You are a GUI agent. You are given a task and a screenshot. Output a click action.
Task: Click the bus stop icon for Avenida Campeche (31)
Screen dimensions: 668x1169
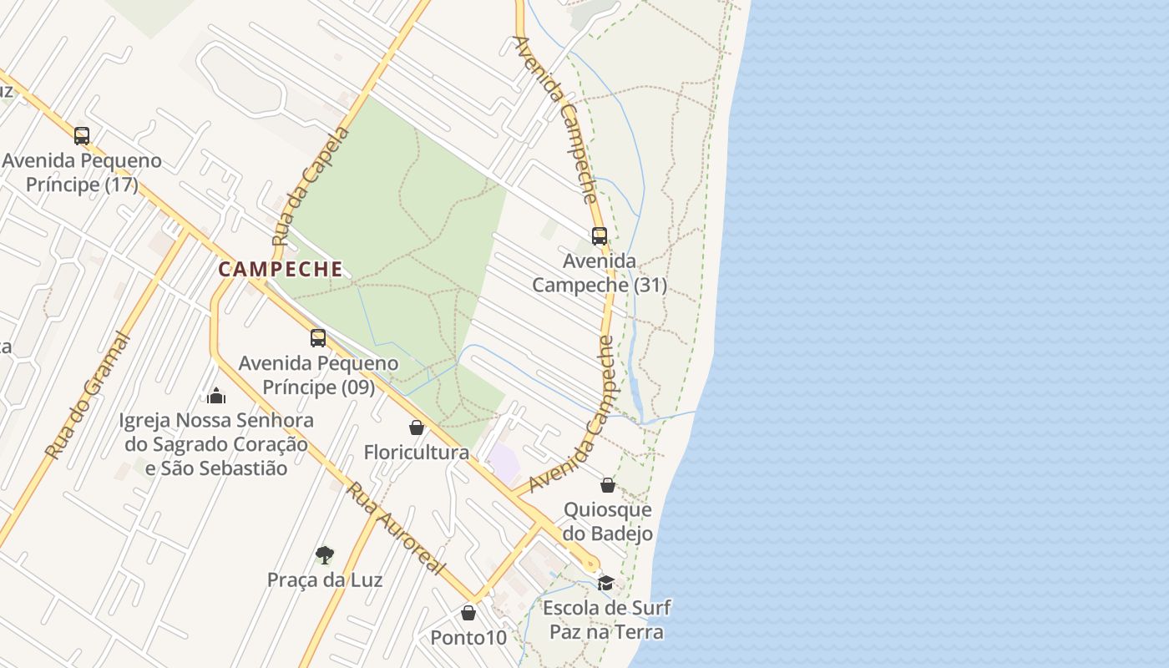(x=600, y=236)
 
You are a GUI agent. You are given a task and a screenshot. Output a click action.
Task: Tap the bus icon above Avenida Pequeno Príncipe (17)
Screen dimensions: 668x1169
(x=81, y=135)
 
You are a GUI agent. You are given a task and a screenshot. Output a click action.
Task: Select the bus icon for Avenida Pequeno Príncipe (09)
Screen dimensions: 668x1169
(x=318, y=337)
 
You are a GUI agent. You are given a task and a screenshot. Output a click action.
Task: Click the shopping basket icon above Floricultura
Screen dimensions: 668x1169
(x=417, y=428)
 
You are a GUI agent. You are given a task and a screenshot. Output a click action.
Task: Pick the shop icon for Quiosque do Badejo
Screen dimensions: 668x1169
(x=608, y=485)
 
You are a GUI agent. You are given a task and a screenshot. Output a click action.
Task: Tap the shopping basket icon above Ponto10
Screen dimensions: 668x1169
(x=468, y=614)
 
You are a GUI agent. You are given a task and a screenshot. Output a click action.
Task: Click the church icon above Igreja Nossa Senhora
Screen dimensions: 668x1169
(x=216, y=395)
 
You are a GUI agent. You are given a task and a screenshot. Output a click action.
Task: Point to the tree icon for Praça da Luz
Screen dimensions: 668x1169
(x=325, y=554)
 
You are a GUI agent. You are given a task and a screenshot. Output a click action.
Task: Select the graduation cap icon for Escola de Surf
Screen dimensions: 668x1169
(x=605, y=583)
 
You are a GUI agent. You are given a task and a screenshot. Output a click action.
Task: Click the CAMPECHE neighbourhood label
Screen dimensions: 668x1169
(x=281, y=269)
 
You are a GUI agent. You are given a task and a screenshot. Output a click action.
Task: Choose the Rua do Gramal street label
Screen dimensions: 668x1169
(x=89, y=397)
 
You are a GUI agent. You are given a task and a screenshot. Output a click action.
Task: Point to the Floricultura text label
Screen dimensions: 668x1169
(x=417, y=453)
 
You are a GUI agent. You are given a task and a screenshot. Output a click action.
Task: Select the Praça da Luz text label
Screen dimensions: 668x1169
(x=325, y=579)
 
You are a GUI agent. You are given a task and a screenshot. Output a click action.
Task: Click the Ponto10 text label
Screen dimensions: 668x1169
(x=468, y=638)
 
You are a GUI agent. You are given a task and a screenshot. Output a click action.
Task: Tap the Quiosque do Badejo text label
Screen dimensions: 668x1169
(x=608, y=521)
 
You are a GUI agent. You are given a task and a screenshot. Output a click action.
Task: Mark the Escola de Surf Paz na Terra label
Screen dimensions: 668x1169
(x=606, y=620)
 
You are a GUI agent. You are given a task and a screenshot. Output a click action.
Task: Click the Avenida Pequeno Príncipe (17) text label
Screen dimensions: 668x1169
(x=82, y=172)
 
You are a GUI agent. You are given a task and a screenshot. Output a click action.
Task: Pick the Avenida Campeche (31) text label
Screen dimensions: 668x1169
(x=600, y=273)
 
